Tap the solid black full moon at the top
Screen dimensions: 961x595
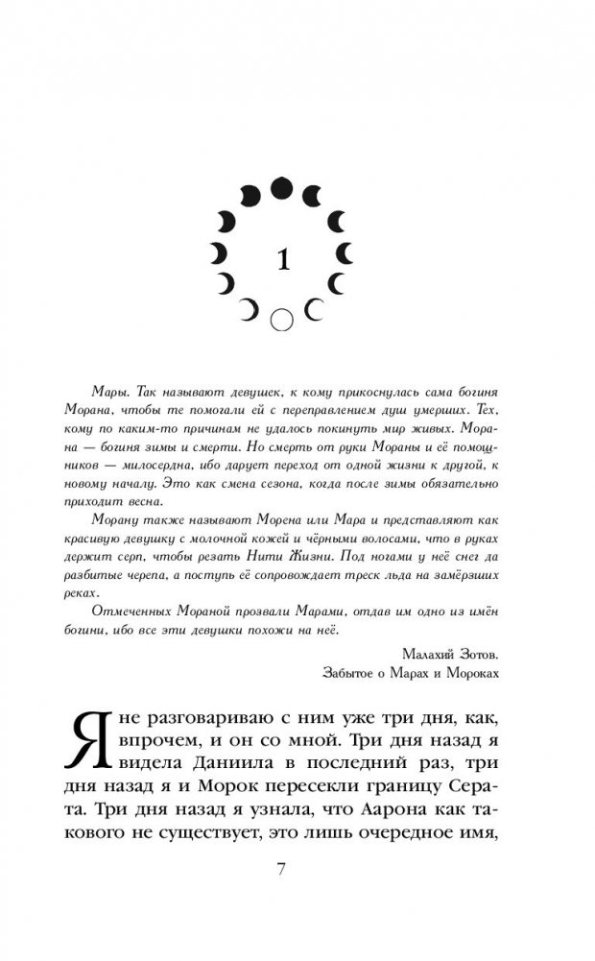tap(280, 187)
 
